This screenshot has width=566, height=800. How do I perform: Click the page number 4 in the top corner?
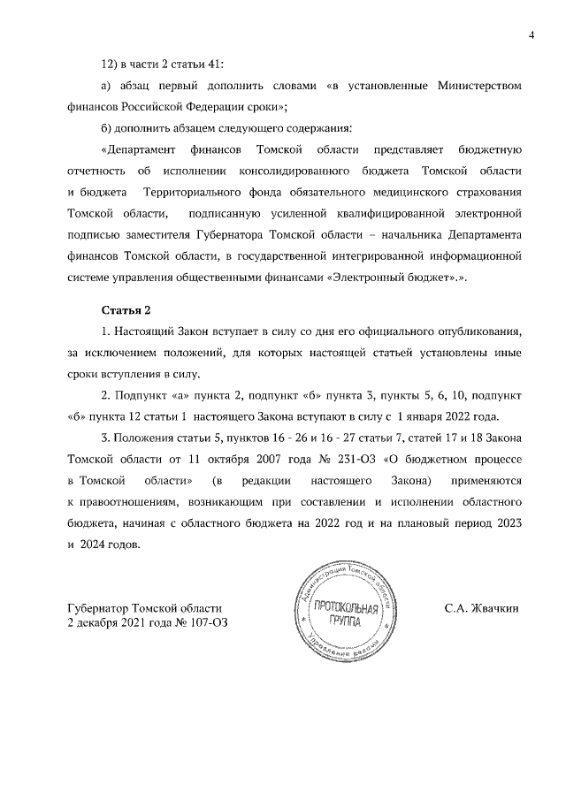(x=532, y=34)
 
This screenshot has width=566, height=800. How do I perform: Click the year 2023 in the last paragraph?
(x=504, y=523)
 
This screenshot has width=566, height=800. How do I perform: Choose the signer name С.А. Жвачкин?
(x=481, y=609)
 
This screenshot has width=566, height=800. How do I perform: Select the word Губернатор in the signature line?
(x=97, y=609)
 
